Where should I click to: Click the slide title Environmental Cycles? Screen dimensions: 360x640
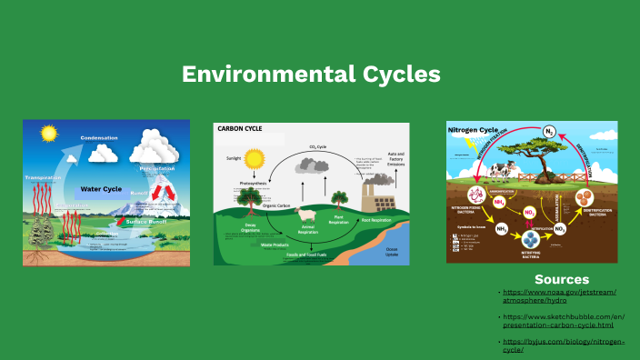click(x=311, y=75)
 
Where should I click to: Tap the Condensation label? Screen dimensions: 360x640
click(x=99, y=138)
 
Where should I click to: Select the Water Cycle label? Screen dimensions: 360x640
click(x=101, y=189)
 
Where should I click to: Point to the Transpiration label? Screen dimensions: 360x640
click(x=43, y=177)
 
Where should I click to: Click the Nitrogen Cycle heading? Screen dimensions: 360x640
click(x=471, y=130)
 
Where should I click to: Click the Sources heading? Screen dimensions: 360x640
click(x=561, y=279)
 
